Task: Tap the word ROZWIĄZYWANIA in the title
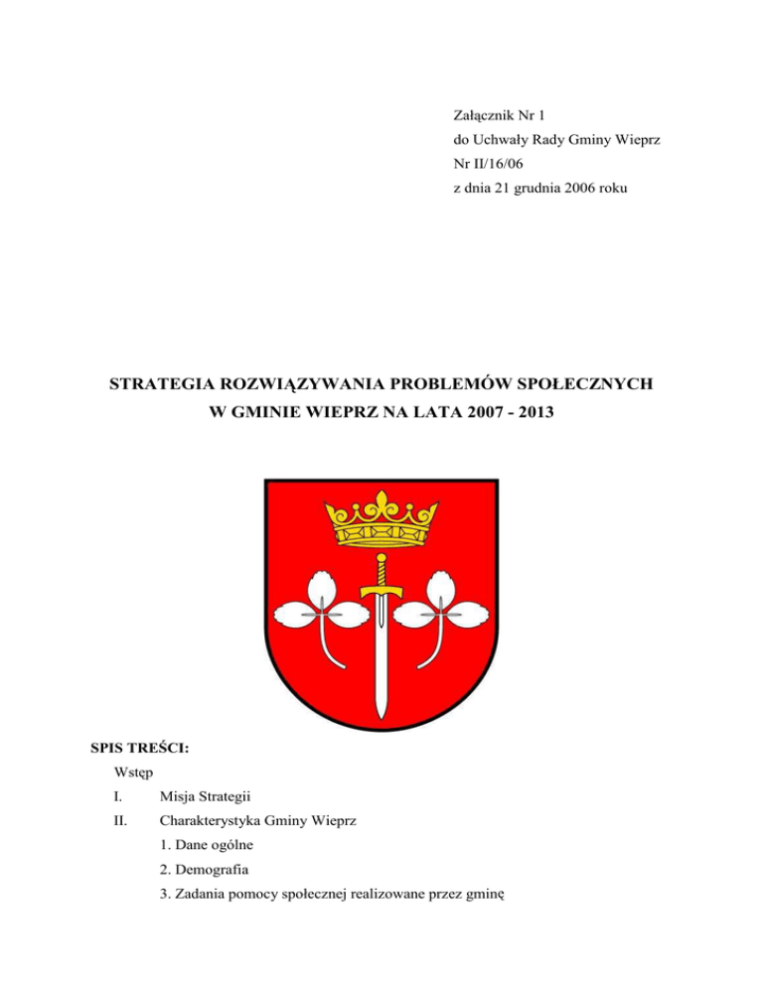click(322, 382)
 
